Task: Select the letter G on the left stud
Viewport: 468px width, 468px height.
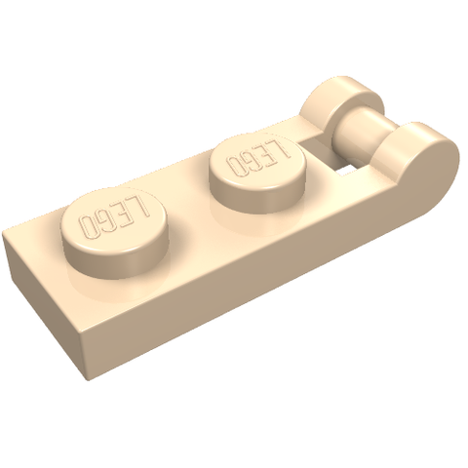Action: click(105, 222)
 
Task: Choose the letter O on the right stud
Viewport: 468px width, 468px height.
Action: click(231, 167)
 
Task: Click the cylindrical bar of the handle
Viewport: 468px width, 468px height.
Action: click(366, 130)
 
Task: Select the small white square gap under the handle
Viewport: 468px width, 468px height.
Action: click(349, 169)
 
